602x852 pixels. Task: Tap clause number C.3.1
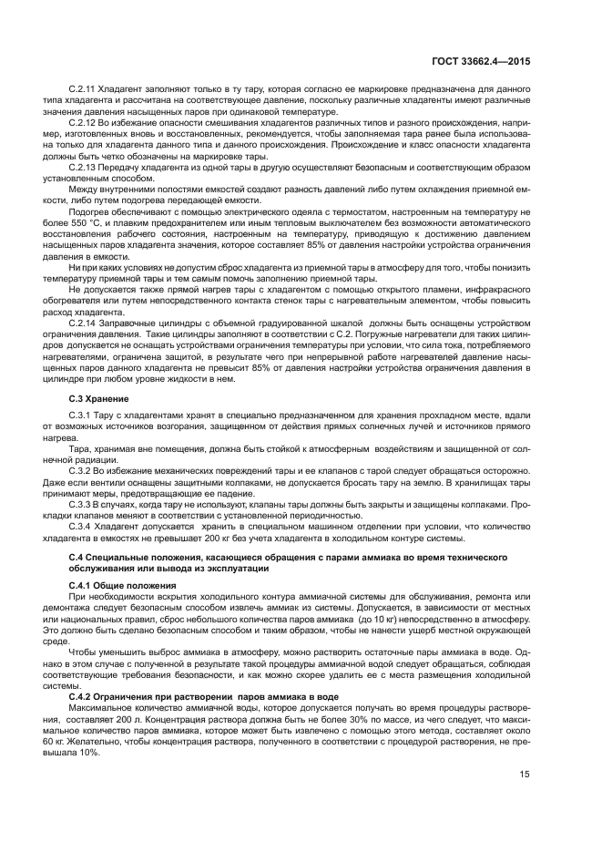(82, 416)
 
